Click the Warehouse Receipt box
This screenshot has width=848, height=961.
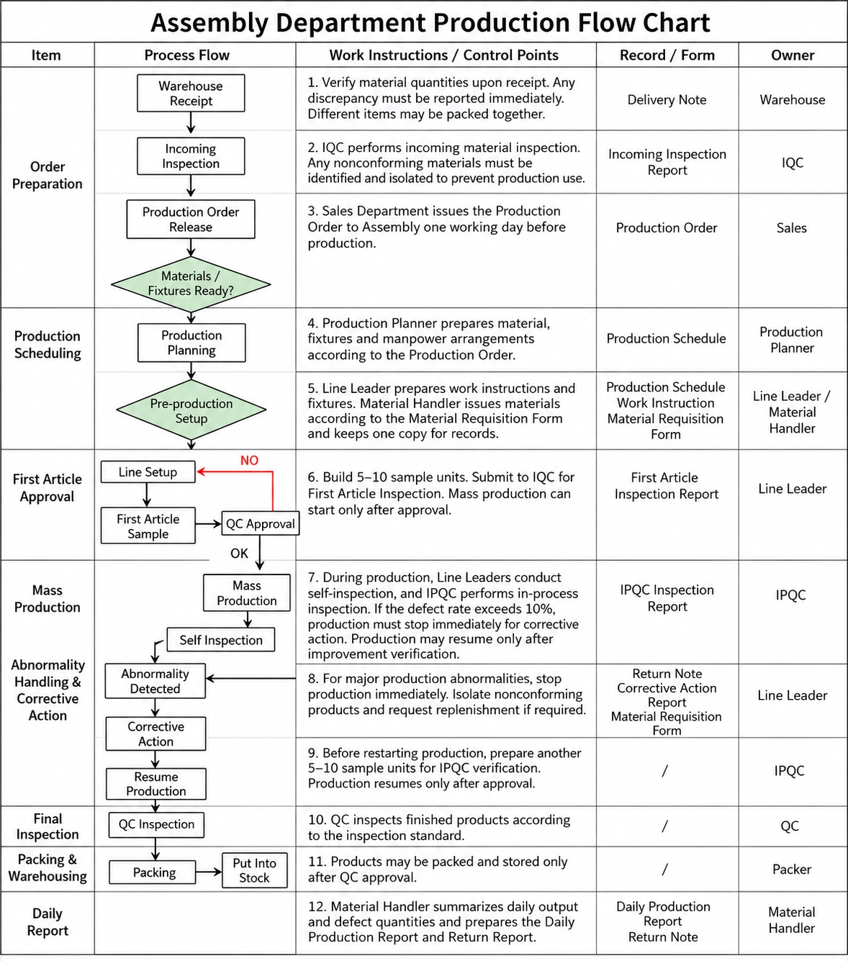tap(191, 93)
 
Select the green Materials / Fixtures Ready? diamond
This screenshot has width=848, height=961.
tap(191, 284)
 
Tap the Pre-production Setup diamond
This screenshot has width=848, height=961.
tap(191, 410)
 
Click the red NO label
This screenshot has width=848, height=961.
tap(249, 460)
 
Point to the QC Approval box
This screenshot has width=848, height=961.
tap(261, 523)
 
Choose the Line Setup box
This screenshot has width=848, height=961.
tap(148, 472)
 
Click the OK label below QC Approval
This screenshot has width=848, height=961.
tap(239, 553)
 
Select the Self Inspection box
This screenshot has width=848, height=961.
tap(220, 640)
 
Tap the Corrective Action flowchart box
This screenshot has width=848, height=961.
tap(155, 734)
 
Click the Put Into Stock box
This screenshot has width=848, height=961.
tap(255, 870)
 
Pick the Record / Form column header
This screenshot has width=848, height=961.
tap(667, 55)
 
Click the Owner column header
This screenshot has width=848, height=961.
tap(793, 55)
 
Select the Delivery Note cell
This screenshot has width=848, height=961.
tap(667, 99)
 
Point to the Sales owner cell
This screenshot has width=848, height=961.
tap(792, 227)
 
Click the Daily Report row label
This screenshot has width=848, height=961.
tap(48, 921)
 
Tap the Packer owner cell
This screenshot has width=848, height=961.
tap(792, 869)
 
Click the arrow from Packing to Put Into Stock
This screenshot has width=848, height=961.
tap(209, 872)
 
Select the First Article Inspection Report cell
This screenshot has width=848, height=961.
tap(666, 486)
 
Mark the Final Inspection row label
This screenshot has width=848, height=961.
tap(48, 826)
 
